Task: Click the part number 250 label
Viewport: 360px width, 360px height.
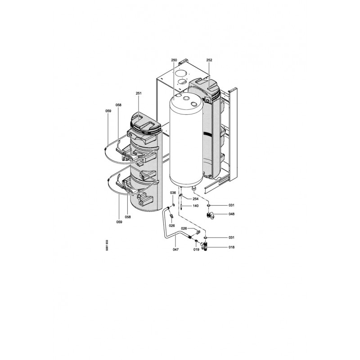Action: (x=174, y=60)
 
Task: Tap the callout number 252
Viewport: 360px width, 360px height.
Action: (x=209, y=60)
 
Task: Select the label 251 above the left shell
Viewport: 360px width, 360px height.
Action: (x=139, y=93)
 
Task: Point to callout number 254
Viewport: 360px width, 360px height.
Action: (x=195, y=199)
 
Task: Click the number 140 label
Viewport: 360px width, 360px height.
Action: (x=195, y=206)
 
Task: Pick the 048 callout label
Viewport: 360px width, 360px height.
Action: (x=231, y=214)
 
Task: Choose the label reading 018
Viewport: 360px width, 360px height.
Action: (x=231, y=247)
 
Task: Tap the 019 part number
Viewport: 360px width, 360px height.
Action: (x=196, y=250)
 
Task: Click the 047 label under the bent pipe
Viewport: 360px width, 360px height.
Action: (x=175, y=249)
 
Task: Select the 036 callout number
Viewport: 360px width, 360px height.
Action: (x=173, y=193)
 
